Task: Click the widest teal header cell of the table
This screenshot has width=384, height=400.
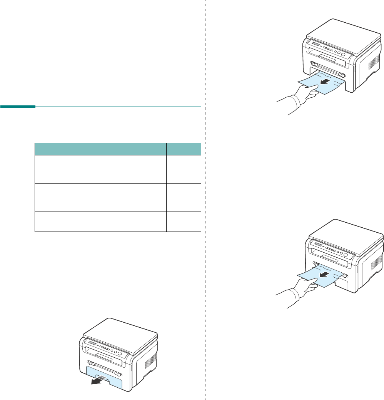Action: click(x=127, y=149)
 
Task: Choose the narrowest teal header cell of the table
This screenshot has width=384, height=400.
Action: click(x=184, y=149)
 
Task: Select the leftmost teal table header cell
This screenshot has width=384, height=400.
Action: click(x=62, y=149)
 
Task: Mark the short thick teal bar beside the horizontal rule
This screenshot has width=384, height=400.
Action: click(x=18, y=107)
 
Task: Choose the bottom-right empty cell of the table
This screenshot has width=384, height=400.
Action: click(x=184, y=222)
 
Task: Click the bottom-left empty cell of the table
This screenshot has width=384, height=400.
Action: click(x=62, y=222)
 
